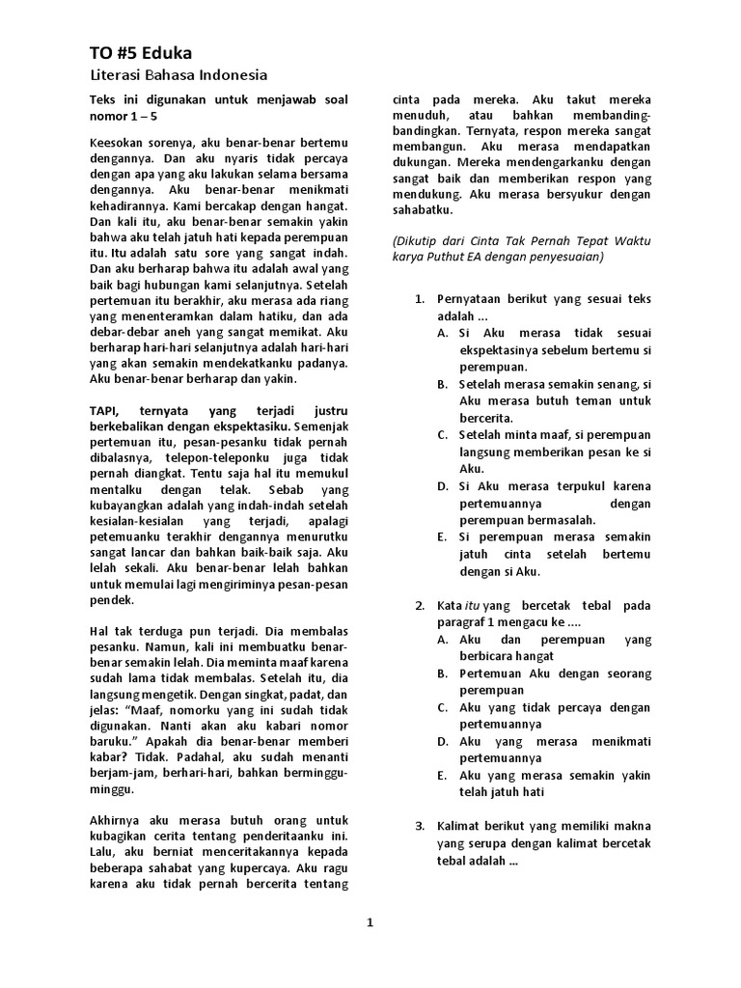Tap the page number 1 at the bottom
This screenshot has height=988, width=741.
(x=370, y=923)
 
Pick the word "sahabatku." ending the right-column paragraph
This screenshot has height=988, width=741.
(x=423, y=209)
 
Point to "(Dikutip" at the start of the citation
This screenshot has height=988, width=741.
(x=418, y=240)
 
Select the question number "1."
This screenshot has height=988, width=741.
(x=420, y=299)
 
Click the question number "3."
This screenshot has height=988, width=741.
(x=420, y=825)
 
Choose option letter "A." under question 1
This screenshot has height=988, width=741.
(x=443, y=333)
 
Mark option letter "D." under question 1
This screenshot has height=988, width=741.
(x=443, y=486)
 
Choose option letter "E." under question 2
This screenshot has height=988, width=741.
(x=443, y=775)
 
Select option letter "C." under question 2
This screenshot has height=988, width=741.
(x=443, y=707)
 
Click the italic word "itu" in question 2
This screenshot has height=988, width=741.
(x=472, y=606)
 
